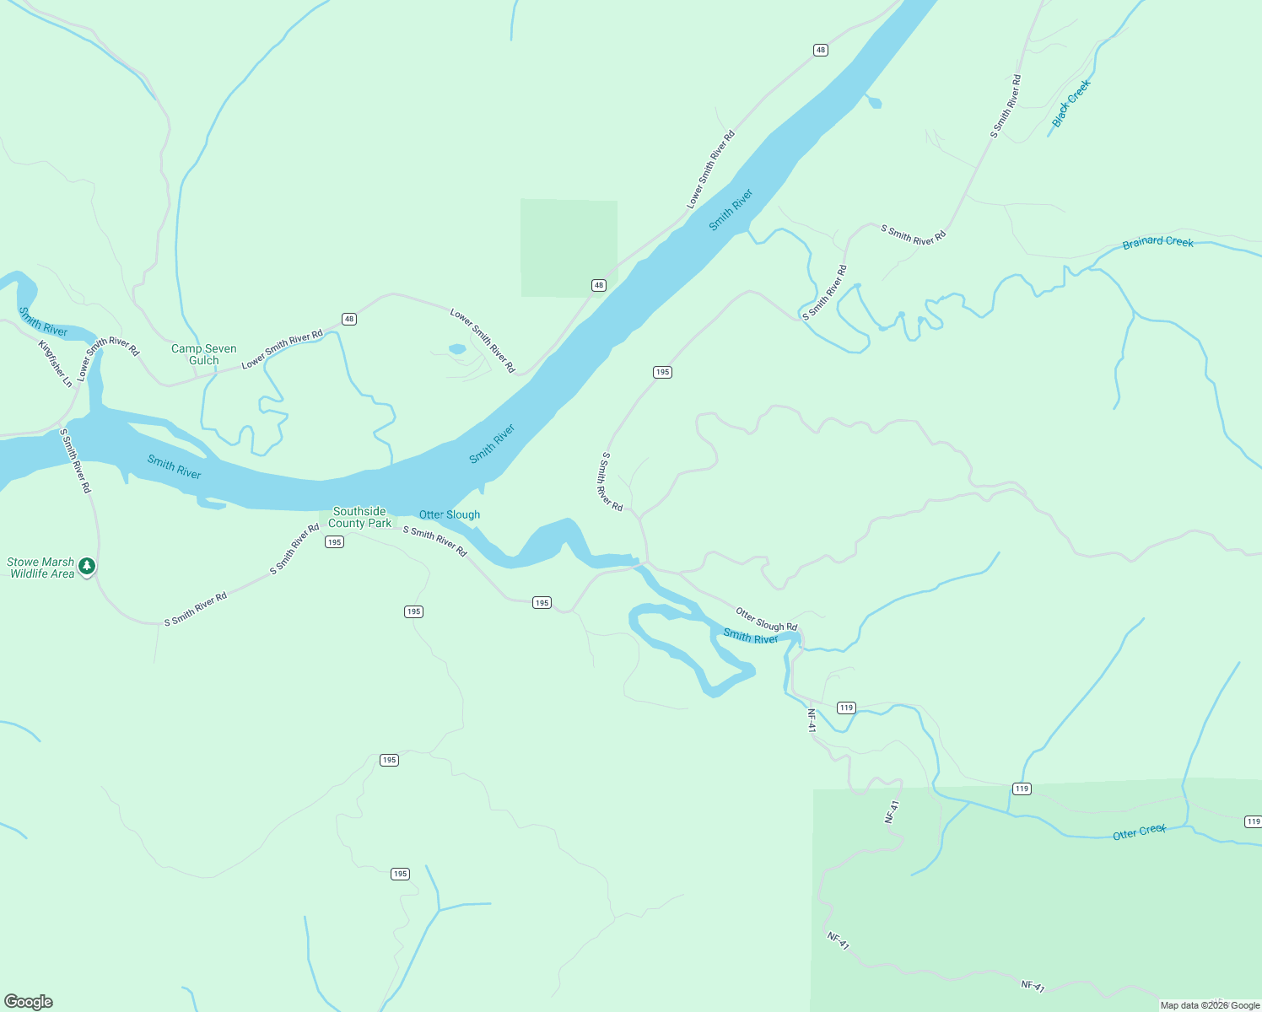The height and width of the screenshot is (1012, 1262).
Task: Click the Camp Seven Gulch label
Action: coord(204,354)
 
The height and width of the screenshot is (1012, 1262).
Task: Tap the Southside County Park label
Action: coord(359,517)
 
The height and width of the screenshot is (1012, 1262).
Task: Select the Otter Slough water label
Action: coord(450,514)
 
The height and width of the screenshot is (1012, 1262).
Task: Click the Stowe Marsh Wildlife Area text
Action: coord(41,568)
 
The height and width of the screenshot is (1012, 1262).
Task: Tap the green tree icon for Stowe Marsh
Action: coord(87,567)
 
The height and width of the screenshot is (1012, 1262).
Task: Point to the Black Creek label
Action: coord(1071,103)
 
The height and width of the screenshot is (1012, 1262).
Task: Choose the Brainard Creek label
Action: coord(1157,242)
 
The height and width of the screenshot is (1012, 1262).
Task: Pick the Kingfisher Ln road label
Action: coord(56,363)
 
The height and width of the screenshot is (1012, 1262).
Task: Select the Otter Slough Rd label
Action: coord(766,620)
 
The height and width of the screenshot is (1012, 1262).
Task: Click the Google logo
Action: coord(29,1001)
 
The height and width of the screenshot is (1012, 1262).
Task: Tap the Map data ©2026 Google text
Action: coord(1210,1005)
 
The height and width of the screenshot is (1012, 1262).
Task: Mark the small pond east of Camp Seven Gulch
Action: coord(456,348)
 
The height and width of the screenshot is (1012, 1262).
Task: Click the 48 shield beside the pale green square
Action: coord(598,285)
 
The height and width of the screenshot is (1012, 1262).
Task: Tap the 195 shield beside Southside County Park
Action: coord(334,542)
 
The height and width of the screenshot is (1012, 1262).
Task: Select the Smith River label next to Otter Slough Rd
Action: coord(751,637)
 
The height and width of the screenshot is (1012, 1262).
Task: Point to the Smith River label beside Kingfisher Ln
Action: coord(43,321)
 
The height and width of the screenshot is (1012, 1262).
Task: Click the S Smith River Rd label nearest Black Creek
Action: coord(1006,106)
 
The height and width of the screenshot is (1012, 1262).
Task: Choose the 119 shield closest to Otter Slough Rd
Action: coord(847,708)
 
